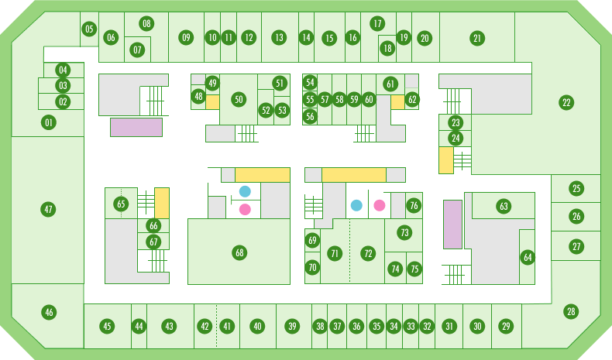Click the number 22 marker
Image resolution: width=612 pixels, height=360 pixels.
tap(566, 102)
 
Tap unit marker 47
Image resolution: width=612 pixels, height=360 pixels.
tap(49, 209)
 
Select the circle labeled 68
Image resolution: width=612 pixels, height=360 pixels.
tap(239, 252)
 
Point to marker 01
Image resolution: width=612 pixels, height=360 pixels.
tap(49, 122)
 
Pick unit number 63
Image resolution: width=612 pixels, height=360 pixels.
tap(504, 207)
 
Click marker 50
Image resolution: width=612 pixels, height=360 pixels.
tap(239, 99)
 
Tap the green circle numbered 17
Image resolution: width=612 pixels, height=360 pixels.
tap(377, 23)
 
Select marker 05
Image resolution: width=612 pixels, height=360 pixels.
tap(89, 30)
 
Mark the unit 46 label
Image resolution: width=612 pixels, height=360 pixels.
tap(49, 312)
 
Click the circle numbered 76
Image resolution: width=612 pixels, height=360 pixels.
tap(414, 205)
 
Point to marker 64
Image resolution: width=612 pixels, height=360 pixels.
tap(528, 257)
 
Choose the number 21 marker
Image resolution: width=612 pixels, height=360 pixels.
tap(477, 37)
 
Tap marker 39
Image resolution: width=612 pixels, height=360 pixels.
tap(292, 326)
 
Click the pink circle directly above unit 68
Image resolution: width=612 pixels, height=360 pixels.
tap(246, 209)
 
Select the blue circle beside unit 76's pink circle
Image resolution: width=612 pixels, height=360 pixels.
tap(356, 205)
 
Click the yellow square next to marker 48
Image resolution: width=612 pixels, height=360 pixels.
tap(212, 101)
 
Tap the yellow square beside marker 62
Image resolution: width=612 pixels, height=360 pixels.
tap(397, 101)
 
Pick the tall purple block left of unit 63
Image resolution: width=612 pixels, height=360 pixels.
tap(452, 224)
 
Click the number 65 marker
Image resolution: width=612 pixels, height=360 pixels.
tap(120, 204)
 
